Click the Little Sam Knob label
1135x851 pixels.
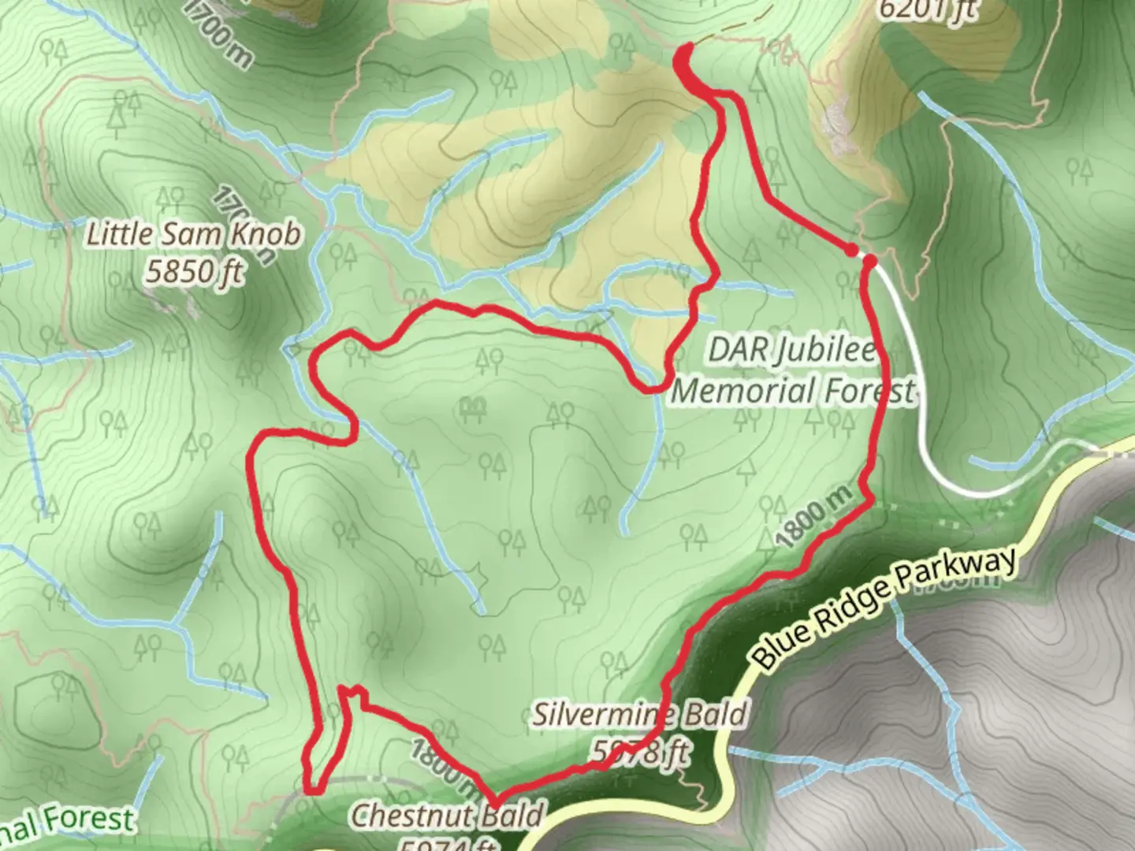pyautogui.click(x=193, y=234)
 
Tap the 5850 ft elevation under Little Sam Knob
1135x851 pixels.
pyautogui.click(x=193, y=272)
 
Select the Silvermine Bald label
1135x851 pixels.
pyautogui.click(x=638, y=715)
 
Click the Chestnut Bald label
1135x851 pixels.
pyautogui.click(x=446, y=814)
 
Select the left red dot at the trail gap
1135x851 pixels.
pyautogui.click(x=851, y=250)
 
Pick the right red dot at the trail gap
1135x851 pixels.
pyautogui.click(x=870, y=259)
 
